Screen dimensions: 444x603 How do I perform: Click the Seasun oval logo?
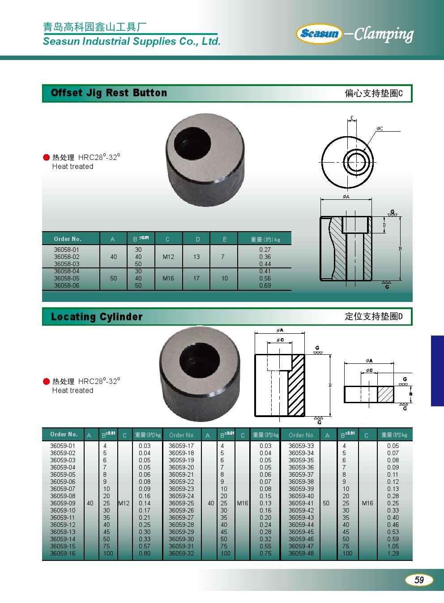coord(319,34)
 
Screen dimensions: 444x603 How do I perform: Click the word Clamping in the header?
coord(384,34)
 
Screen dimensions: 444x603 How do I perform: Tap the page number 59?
coord(419,580)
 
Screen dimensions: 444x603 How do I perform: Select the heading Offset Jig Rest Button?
coord(109,93)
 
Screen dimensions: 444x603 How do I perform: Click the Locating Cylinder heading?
coord(97,317)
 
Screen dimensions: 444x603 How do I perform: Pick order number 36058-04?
coord(67,271)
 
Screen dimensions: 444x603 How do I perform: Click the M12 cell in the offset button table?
coord(168,257)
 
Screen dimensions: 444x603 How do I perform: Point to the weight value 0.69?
coord(265,285)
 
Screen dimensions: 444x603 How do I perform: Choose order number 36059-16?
coord(63,553)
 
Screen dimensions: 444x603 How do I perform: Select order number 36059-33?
coord(301,446)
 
